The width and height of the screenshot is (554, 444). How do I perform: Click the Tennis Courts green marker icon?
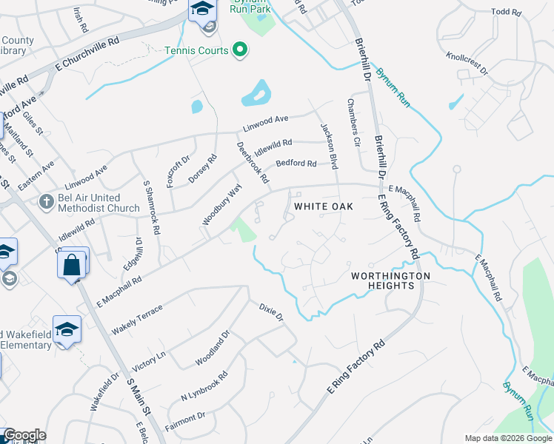[x=240, y=50]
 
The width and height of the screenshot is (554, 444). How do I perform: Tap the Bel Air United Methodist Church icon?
[x=46, y=201]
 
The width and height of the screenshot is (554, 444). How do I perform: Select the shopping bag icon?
[x=72, y=263]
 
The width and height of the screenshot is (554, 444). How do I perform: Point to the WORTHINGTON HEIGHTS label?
[x=390, y=280]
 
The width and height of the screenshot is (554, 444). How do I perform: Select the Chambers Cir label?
[x=353, y=123]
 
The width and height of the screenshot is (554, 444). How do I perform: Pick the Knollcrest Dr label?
[x=467, y=63]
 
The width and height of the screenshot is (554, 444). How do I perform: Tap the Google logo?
[x=24, y=435]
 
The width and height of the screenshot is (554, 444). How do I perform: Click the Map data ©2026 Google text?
[x=508, y=437]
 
